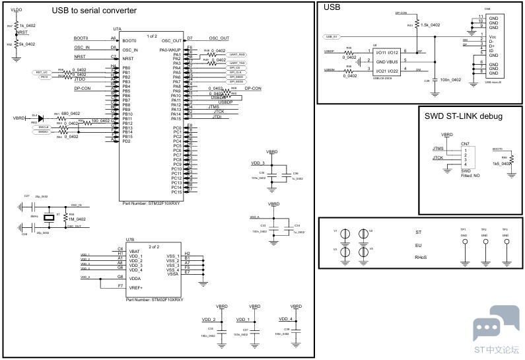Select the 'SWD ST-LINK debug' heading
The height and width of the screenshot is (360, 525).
click(464, 116)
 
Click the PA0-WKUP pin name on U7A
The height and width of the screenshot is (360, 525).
click(170, 50)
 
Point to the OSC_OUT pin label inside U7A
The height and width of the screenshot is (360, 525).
click(171, 40)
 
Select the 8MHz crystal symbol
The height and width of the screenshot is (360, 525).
click(48, 216)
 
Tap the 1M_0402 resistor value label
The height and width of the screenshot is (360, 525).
click(78, 219)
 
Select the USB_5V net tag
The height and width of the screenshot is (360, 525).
click(333, 36)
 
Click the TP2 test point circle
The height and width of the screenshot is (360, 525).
click(485, 242)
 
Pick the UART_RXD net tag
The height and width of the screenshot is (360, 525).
click(238, 54)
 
